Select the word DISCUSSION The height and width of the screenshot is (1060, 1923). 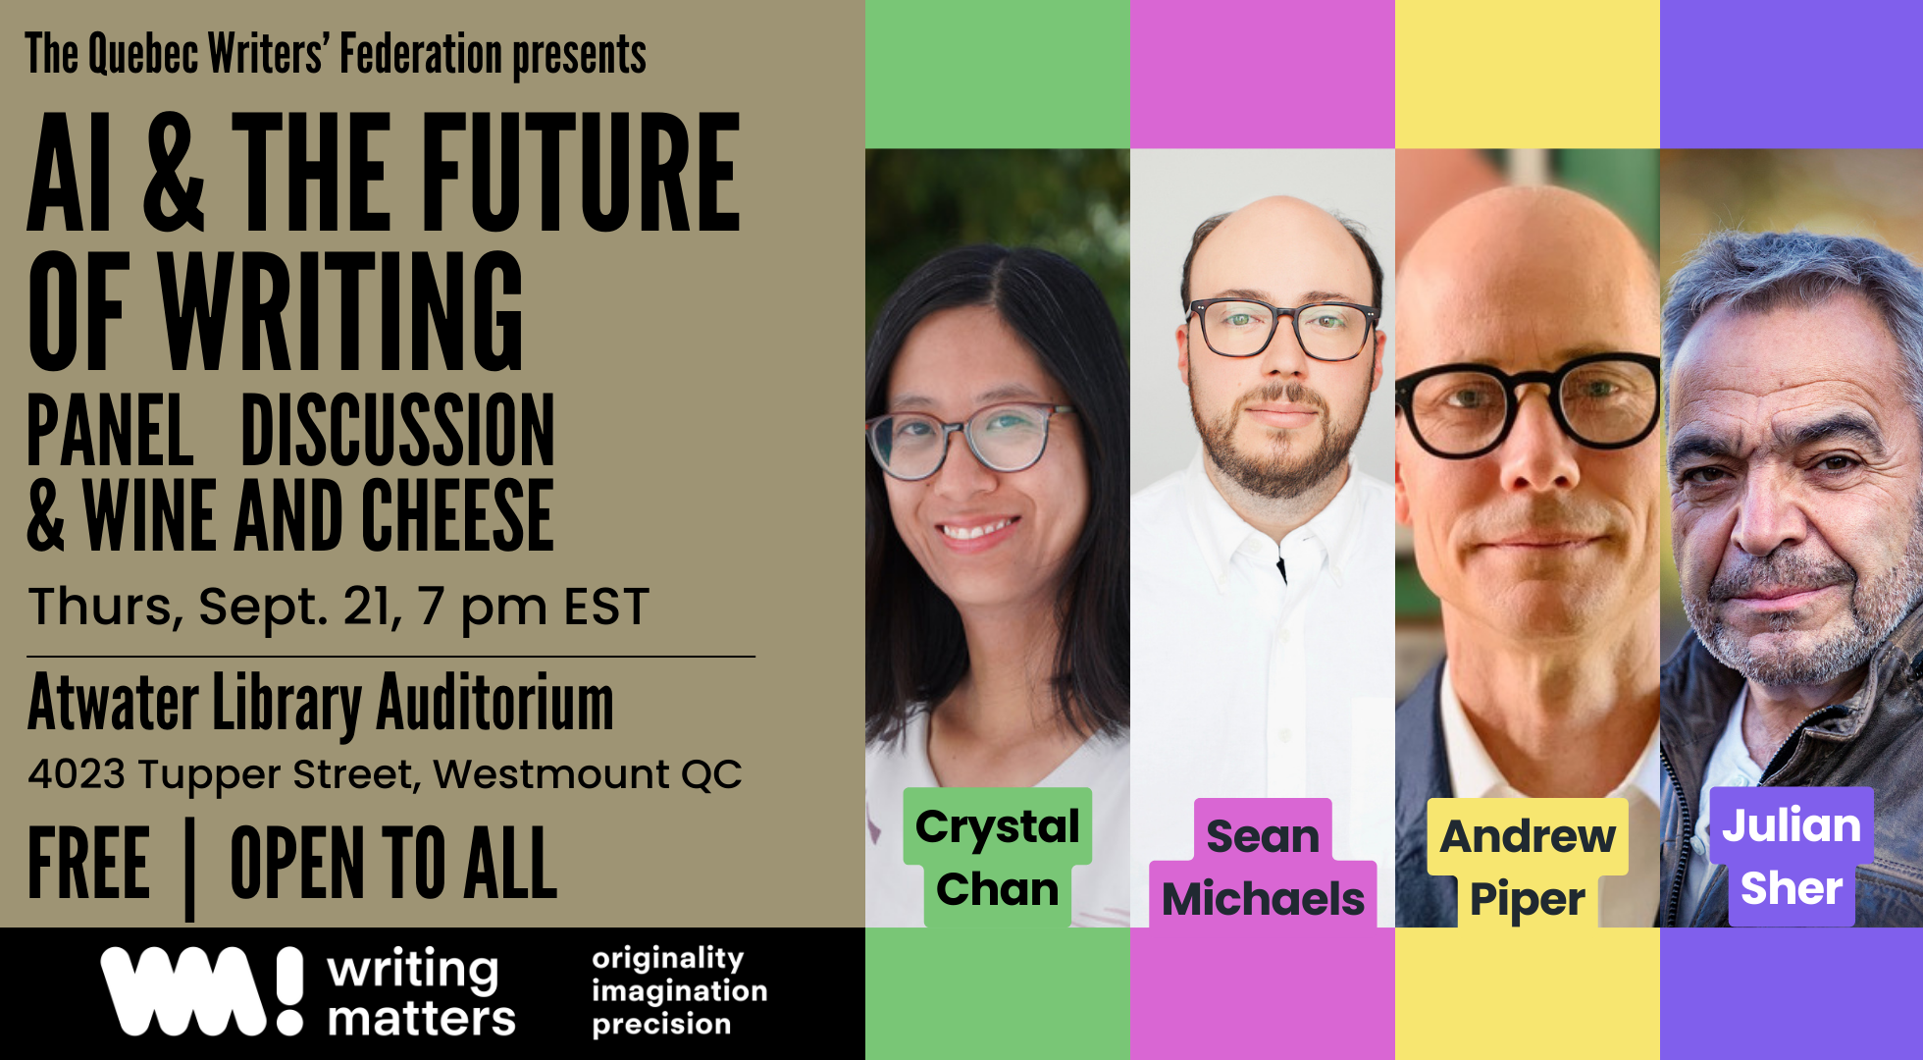397,430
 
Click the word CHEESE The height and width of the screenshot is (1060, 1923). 458,515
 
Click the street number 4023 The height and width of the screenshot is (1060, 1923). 77,774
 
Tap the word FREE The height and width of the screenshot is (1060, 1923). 89,863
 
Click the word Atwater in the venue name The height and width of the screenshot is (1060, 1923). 114,703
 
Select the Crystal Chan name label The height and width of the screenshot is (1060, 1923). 998,857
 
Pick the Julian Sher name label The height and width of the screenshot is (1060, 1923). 1792,856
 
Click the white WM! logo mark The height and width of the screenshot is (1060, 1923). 202,990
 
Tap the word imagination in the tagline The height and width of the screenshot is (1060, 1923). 679,991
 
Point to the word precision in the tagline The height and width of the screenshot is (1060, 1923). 661,1025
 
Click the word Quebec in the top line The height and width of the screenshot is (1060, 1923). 143,55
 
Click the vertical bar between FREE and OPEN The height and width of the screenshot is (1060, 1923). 189,870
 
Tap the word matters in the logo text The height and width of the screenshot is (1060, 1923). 422,1019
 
